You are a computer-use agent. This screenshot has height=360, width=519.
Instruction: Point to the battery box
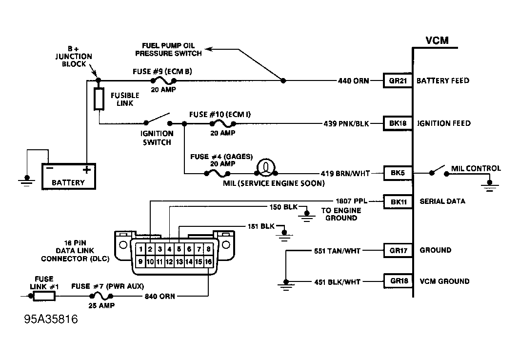coord(68,176)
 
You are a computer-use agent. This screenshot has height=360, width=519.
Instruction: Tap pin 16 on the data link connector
coord(209,262)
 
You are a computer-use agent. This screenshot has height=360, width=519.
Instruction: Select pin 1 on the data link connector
coord(140,249)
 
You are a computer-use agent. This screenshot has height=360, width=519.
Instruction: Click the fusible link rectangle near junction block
coord(99,99)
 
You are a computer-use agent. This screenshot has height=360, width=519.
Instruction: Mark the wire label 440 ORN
coord(354,80)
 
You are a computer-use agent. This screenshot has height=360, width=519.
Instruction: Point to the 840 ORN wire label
coord(159,296)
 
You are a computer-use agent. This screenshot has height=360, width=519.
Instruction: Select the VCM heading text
coord(437,40)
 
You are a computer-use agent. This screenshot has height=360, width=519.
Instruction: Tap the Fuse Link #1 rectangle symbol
coord(44,296)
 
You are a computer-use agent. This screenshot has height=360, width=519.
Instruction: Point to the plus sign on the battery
coord(87,170)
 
